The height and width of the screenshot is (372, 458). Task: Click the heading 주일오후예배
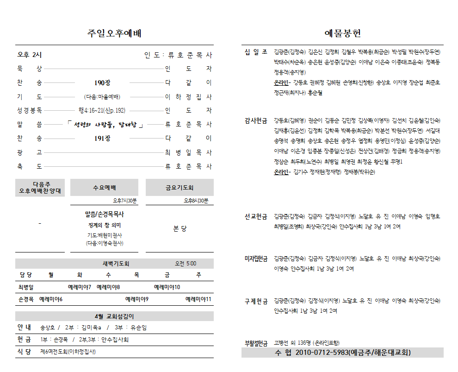click(x=114, y=33)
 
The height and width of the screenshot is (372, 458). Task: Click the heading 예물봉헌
click(x=342, y=33)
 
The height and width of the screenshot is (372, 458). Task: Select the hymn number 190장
click(x=102, y=83)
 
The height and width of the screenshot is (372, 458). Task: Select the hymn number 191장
click(x=102, y=139)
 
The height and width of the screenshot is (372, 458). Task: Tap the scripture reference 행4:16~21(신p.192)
click(x=102, y=111)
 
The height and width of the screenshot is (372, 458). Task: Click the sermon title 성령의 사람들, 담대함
click(x=105, y=125)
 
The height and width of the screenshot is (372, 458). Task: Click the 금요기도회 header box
click(x=179, y=188)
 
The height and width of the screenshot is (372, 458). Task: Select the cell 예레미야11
click(x=198, y=299)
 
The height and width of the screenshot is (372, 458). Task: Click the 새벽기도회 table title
click(x=115, y=264)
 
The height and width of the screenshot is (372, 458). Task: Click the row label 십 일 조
click(x=256, y=51)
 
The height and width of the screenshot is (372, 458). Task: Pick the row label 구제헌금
click(x=256, y=302)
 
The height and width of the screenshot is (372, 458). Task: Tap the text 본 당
click(x=180, y=229)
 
